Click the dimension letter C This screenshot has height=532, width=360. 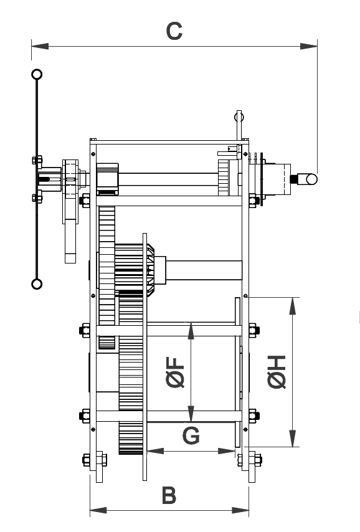click(x=174, y=31)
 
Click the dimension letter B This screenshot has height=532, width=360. click(x=169, y=495)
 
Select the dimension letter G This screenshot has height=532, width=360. click(x=191, y=435)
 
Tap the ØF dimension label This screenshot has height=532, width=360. click(x=176, y=372)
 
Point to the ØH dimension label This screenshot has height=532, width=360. click(x=277, y=371)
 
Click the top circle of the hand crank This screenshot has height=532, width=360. click(x=37, y=74)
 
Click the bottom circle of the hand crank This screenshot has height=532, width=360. click(x=37, y=284)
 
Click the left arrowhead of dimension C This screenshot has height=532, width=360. click(x=40, y=46)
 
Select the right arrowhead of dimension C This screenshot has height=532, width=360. click(x=309, y=46)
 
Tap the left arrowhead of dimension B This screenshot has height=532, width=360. click(x=98, y=510)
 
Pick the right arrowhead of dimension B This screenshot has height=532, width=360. click(x=240, y=510)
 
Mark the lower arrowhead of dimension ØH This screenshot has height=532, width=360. click(x=293, y=439)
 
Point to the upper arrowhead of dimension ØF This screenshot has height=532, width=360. click(x=191, y=331)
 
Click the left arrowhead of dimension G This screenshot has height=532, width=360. click(x=156, y=451)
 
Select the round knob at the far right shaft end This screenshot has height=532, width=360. click(x=311, y=179)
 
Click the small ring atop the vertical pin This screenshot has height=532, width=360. click(x=239, y=117)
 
